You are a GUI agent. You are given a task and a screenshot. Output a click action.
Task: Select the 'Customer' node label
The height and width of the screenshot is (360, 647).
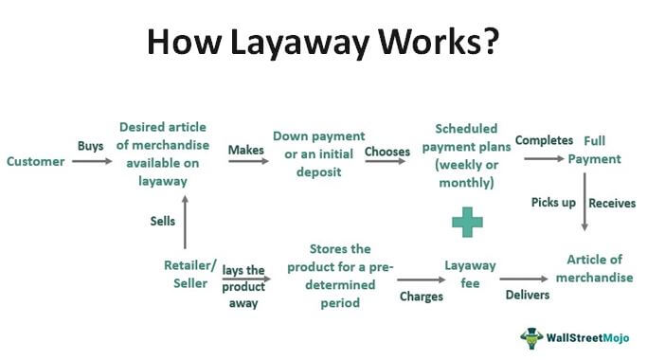(35, 162)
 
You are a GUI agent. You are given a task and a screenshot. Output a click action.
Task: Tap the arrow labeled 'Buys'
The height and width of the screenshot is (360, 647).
(90, 162)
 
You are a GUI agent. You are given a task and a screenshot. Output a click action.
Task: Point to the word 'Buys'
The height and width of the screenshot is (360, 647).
(90, 146)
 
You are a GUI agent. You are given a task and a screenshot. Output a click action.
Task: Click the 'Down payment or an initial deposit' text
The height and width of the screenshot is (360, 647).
(318, 154)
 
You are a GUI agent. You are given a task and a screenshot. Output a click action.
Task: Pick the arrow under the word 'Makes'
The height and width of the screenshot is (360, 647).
(245, 162)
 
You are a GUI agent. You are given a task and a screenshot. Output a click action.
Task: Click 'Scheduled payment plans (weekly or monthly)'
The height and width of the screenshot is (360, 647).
(467, 154)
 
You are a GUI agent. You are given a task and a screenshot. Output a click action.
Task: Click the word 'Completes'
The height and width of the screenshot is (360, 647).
(544, 140)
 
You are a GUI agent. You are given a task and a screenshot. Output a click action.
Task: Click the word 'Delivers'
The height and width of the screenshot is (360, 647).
(527, 296)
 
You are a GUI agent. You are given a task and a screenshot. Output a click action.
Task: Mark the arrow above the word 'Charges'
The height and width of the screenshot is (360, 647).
(420, 279)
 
